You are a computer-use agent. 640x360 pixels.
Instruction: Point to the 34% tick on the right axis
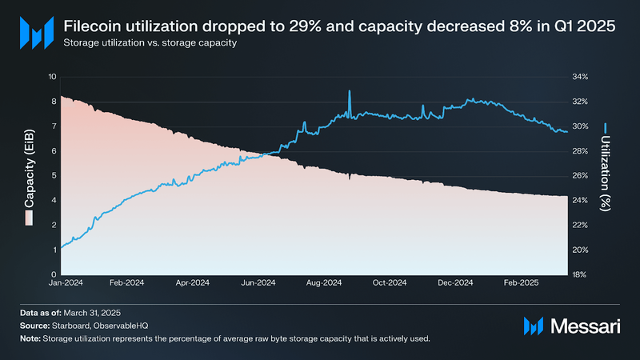coord(578,77)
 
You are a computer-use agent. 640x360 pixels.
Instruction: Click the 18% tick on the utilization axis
coord(578,274)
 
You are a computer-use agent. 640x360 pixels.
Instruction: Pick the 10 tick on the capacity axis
coord(53,77)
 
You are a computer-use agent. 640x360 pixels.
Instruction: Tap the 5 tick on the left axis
coord(54,175)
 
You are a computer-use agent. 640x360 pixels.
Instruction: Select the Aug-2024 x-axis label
coord(324,283)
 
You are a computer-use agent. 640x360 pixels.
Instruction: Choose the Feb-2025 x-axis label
coord(521,283)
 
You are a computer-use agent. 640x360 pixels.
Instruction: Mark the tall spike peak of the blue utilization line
coord(350,91)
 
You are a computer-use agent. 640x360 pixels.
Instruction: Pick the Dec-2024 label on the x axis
coord(455,283)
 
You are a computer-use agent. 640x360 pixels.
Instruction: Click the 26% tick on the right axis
coord(578,175)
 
